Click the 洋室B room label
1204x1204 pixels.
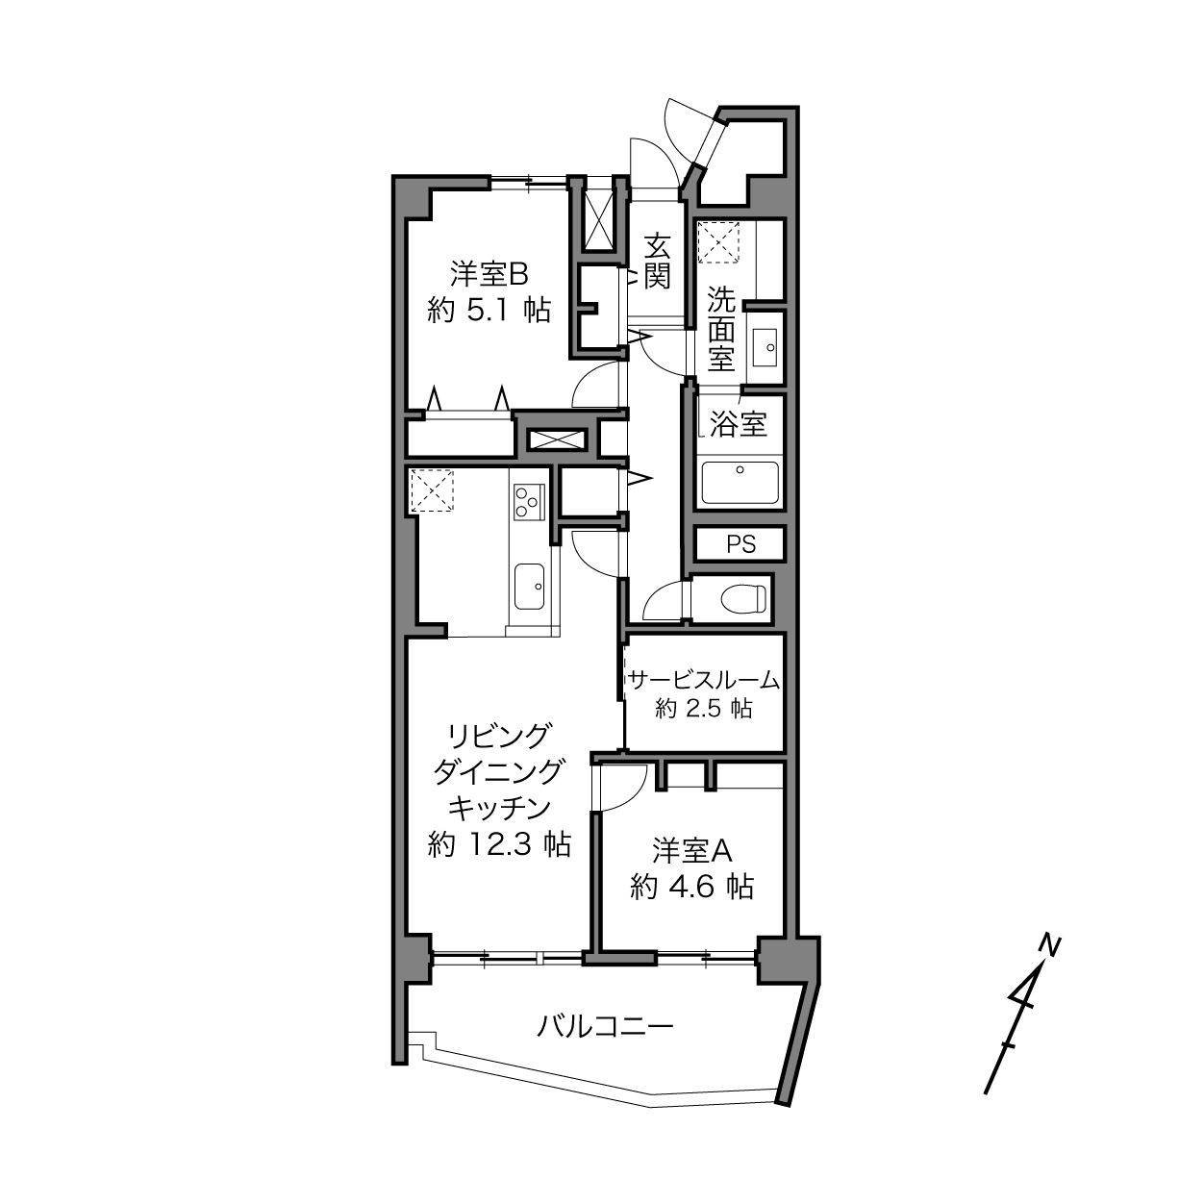click(x=489, y=275)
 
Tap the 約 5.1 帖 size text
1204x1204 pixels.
click(x=489, y=310)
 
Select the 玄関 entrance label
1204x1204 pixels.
click(x=657, y=262)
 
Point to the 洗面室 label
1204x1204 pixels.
click(x=721, y=329)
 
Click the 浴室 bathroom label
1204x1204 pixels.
click(x=738, y=425)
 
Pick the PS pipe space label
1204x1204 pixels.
click(x=741, y=545)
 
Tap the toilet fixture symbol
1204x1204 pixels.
click(x=743, y=600)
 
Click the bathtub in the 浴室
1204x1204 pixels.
click(x=740, y=483)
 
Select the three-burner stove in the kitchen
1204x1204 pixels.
click(x=529, y=502)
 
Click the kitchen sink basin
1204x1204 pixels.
click(x=529, y=586)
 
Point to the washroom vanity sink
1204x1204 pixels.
click(x=765, y=347)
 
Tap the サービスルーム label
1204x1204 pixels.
click(x=705, y=680)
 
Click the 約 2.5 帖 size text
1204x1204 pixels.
click(x=704, y=709)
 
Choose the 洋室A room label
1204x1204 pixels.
click(x=692, y=850)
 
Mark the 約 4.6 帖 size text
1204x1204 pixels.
click(x=692, y=886)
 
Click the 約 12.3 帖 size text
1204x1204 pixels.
click(x=499, y=844)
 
